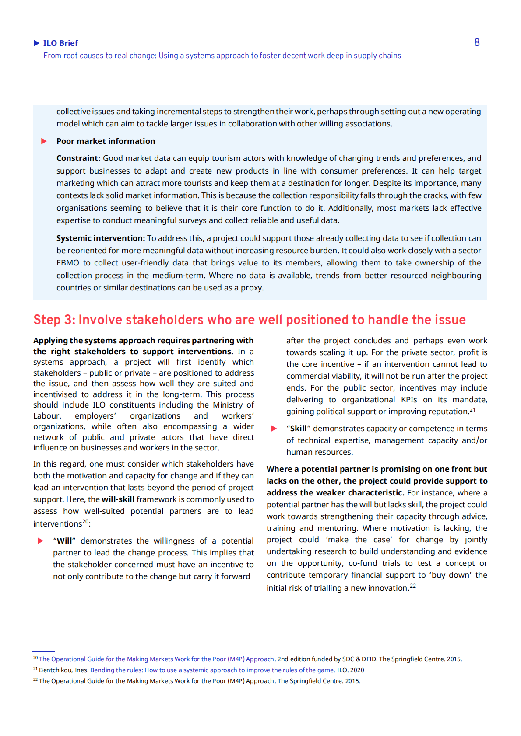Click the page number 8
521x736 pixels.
tap(477, 42)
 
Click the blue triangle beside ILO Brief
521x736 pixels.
tap(37, 43)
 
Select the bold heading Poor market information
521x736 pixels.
tap(106, 141)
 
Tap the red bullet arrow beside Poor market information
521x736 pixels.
tap(44, 141)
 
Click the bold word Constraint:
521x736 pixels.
tap(78, 158)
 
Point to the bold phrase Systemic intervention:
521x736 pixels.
tap(100, 238)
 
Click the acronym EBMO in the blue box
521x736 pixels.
tap(67, 263)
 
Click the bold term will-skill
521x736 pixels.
tap(118, 499)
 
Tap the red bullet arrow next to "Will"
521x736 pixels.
tap(41, 541)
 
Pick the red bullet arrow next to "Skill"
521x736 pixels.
tap(274, 429)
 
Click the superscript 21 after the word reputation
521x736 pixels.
tap(472, 410)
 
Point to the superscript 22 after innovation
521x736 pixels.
tap(413, 586)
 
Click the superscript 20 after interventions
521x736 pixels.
tap(85, 521)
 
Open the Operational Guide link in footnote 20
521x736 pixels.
tap(156, 659)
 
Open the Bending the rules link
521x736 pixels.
tap(212, 670)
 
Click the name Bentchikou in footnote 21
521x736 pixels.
tap(56, 670)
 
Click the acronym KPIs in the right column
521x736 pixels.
tap(409, 400)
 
